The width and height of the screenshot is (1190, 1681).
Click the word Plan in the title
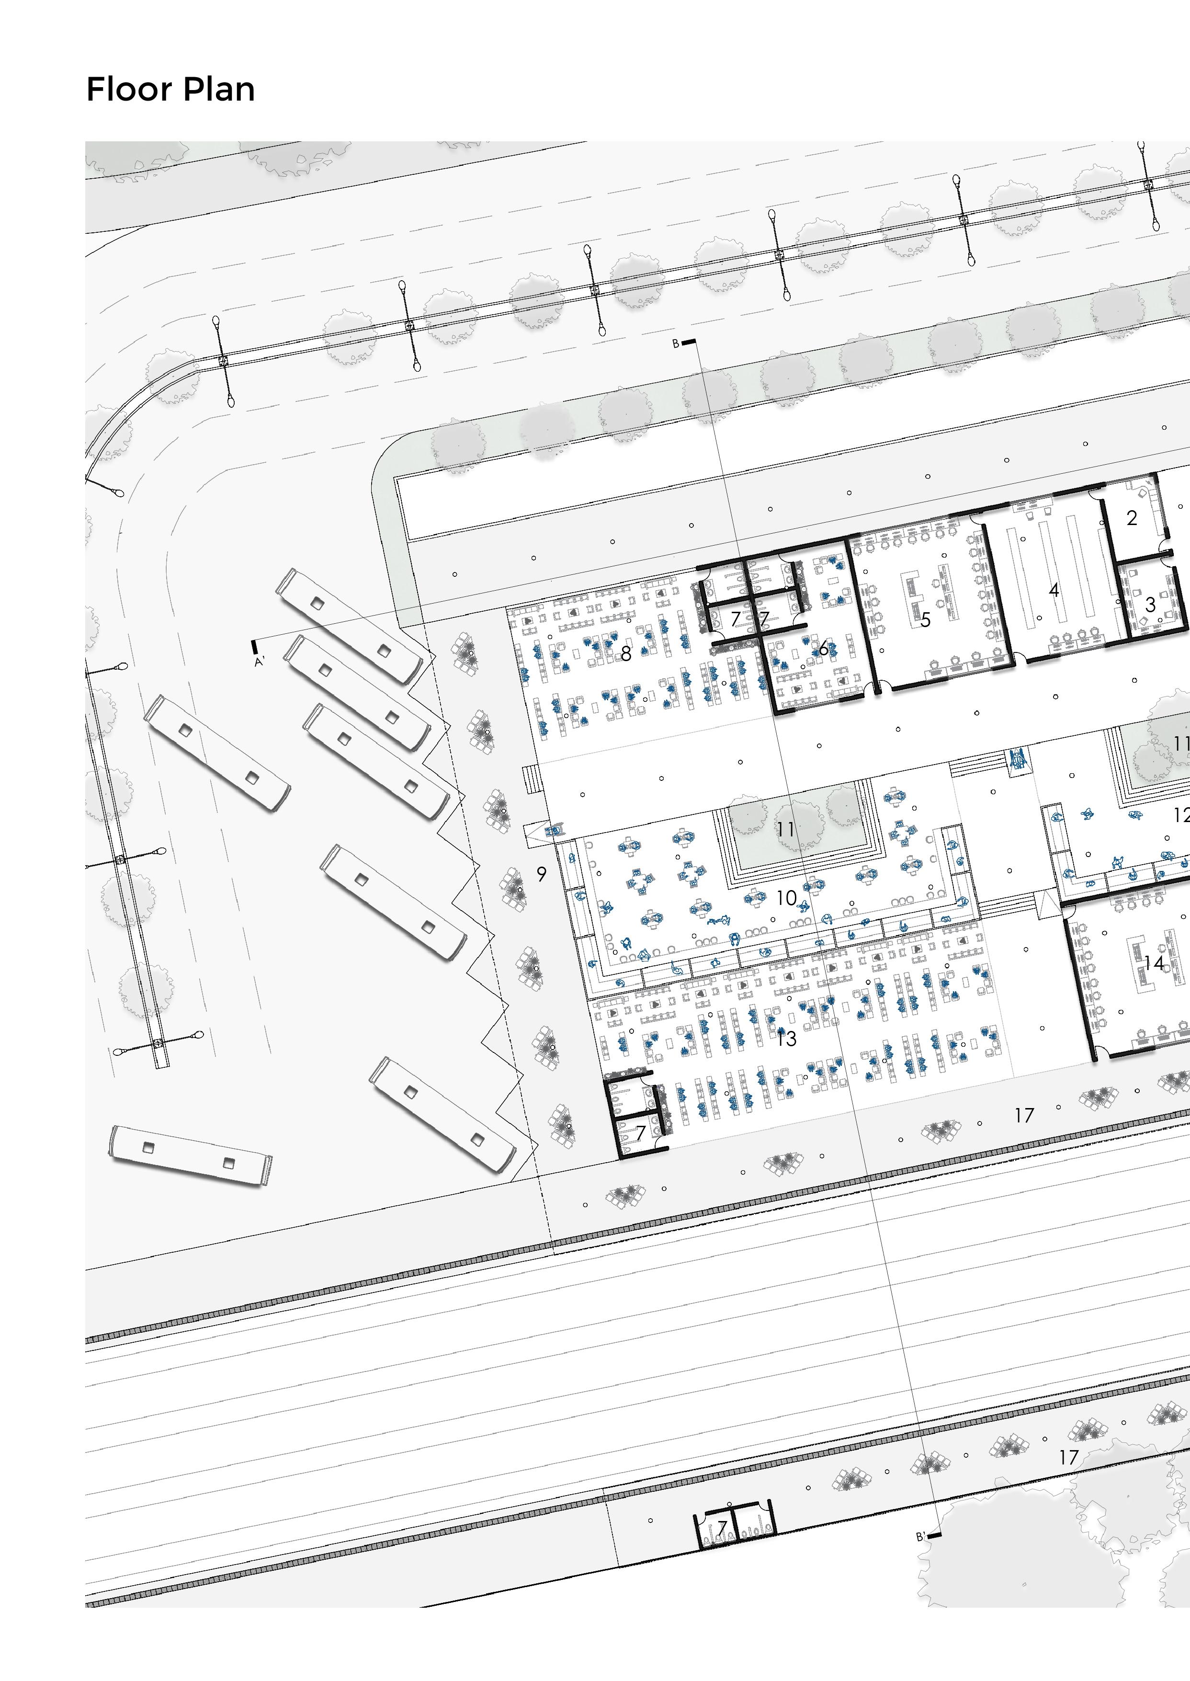coord(218,90)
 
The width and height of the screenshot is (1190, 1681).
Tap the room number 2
coord(1132,518)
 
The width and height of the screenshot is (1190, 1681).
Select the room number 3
coord(1150,605)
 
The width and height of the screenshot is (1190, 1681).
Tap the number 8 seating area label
coord(626,653)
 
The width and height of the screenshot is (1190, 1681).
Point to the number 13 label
coord(786,1039)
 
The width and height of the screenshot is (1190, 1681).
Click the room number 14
coord(1154,962)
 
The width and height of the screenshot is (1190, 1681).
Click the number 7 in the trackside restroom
coord(723,1529)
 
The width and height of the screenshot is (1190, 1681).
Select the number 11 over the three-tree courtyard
coord(785,829)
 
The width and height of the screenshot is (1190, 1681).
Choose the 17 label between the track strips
coord(1069,1457)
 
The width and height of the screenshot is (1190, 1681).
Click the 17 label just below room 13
coord(1024,1115)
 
